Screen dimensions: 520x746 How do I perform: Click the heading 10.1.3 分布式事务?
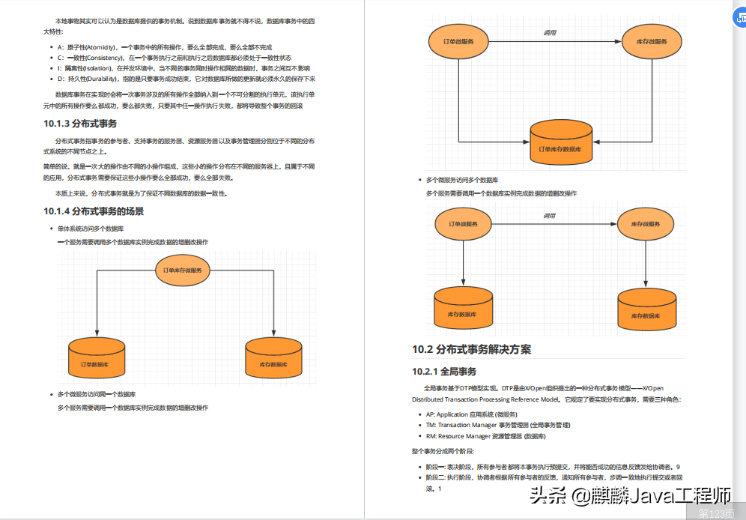point(79,124)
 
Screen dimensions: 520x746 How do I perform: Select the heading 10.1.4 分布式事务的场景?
point(94,211)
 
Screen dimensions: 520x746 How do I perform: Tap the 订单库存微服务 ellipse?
point(183,270)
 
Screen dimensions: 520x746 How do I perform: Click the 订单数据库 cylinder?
point(97,358)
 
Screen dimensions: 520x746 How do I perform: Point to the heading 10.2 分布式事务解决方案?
point(471,349)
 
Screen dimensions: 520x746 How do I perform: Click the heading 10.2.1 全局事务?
point(443,371)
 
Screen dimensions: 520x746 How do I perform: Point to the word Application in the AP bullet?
point(452,414)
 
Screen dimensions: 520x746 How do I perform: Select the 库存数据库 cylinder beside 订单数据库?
point(274,358)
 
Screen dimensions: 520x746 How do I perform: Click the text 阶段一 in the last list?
point(435,467)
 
